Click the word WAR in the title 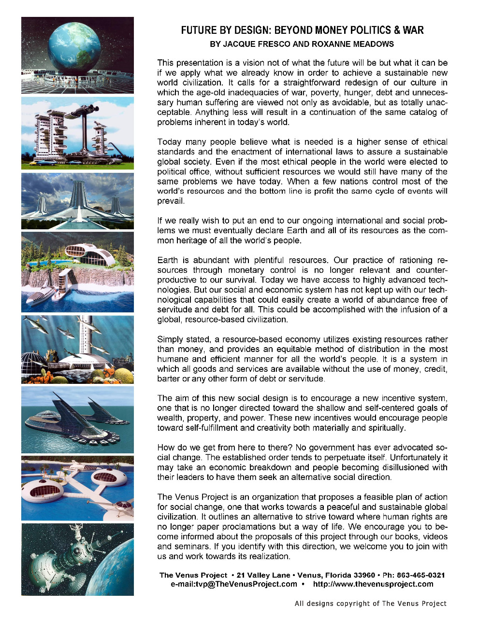click(414, 30)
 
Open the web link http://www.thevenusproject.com click(373, 584)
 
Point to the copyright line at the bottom click(370, 603)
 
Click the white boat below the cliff click(41, 295)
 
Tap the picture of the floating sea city click(77, 420)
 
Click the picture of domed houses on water click(77, 488)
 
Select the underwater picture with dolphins click(77, 350)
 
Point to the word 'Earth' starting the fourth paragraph click(167, 260)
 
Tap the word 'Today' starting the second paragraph click(169, 142)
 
